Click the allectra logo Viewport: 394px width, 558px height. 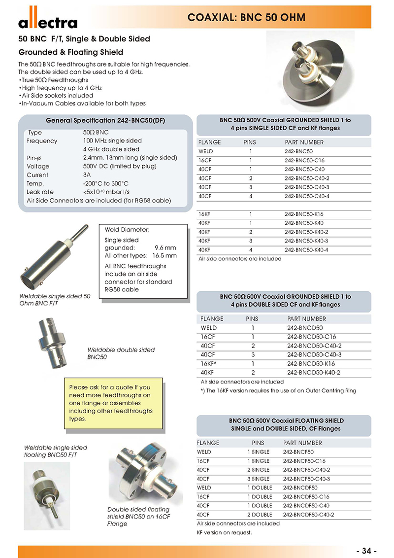(x=48, y=21)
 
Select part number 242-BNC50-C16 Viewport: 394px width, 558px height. (x=304, y=160)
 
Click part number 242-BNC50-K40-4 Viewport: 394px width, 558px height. (x=306, y=250)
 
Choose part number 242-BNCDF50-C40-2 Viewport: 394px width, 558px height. (x=309, y=515)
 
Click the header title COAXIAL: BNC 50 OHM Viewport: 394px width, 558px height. (x=247, y=18)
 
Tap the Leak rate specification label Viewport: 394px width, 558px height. (x=41, y=192)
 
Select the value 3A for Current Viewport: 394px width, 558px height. (x=87, y=175)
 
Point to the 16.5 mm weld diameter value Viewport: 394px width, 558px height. (x=164, y=256)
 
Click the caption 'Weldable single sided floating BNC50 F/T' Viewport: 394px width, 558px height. (x=55, y=451)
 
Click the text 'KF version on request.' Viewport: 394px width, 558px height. (x=224, y=533)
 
